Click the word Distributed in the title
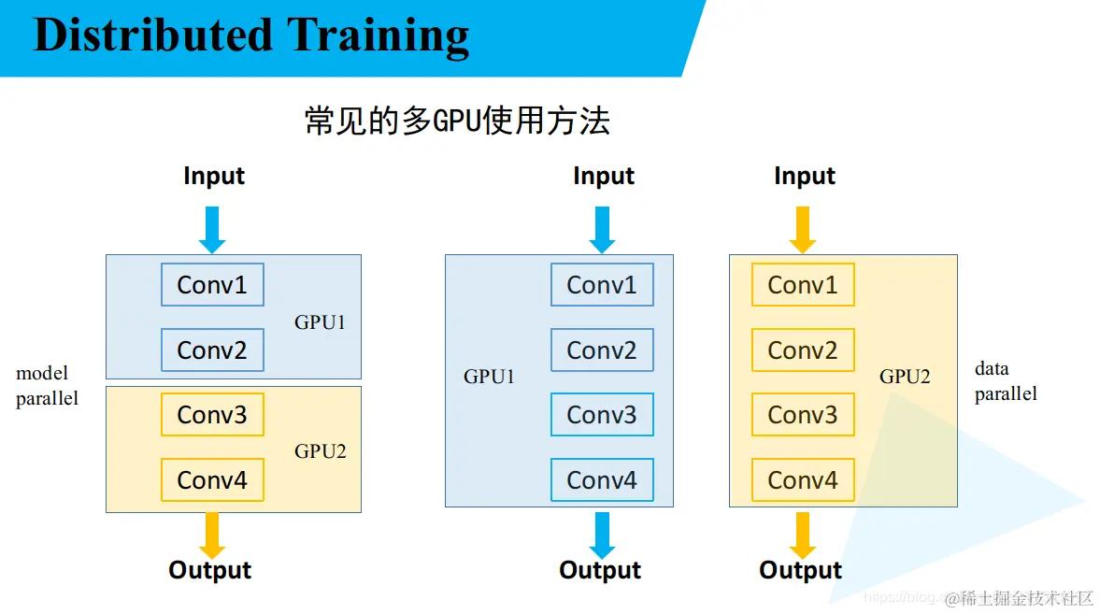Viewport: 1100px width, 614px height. point(152,36)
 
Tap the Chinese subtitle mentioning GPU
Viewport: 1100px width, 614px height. point(457,121)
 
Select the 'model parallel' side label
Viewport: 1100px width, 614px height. point(47,386)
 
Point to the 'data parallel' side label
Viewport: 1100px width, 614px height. point(1006,381)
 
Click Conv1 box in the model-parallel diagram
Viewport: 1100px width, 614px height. point(212,285)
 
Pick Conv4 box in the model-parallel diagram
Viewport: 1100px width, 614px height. point(212,480)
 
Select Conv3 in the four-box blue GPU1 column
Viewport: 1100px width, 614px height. point(602,415)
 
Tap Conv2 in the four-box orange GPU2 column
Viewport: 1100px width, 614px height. point(803,350)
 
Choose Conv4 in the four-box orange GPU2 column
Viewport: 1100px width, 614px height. point(803,480)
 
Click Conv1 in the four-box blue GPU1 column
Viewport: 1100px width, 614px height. point(602,285)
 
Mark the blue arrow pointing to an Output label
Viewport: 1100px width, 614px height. point(602,535)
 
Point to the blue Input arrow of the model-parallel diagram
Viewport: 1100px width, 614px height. point(212,229)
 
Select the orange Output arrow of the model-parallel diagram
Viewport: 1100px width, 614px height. point(212,535)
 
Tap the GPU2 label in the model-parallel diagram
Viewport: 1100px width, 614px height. point(321,451)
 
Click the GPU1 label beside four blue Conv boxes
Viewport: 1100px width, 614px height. point(490,378)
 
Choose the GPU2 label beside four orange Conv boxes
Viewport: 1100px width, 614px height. point(905,378)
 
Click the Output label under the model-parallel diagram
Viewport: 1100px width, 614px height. point(210,570)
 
